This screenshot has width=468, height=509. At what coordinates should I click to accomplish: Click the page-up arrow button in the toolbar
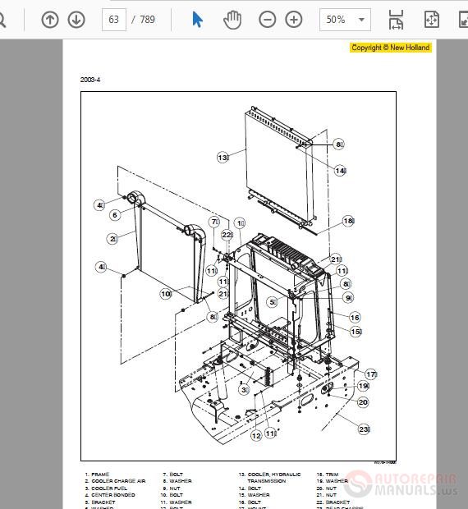pyautogui.click(x=50, y=19)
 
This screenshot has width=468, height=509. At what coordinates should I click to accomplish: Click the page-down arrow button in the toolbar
pyautogui.click(x=76, y=19)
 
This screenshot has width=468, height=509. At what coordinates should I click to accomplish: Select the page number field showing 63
pyautogui.click(x=114, y=19)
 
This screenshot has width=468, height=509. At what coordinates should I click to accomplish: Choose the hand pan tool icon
pyautogui.click(x=232, y=19)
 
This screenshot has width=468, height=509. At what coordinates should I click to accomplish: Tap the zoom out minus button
pyautogui.click(x=268, y=19)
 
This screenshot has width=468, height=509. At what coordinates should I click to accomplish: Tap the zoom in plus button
pyautogui.click(x=294, y=19)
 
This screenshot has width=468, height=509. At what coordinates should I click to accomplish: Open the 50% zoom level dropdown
pyautogui.click(x=346, y=19)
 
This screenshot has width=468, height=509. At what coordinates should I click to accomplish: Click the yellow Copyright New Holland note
pyautogui.click(x=390, y=48)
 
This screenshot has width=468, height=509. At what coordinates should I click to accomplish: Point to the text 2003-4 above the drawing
pyautogui.click(x=90, y=80)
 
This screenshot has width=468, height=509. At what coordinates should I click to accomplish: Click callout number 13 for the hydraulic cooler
pyautogui.click(x=223, y=156)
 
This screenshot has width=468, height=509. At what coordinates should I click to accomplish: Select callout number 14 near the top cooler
pyautogui.click(x=340, y=171)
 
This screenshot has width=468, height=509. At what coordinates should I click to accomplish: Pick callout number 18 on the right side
pyautogui.click(x=347, y=221)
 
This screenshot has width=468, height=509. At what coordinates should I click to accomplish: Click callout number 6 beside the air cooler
pyautogui.click(x=115, y=215)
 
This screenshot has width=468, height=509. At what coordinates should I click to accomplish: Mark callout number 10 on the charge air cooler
pyautogui.click(x=165, y=293)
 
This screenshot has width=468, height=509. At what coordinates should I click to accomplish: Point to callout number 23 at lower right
pyautogui.click(x=364, y=428)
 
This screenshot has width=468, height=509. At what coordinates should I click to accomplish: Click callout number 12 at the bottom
pyautogui.click(x=256, y=436)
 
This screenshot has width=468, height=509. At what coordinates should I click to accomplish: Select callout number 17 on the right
pyautogui.click(x=370, y=374)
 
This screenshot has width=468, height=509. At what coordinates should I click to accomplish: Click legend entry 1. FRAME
pyautogui.click(x=97, y=475)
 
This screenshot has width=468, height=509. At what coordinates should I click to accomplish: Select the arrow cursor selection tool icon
pyautogui.click(x=198, y=19)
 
